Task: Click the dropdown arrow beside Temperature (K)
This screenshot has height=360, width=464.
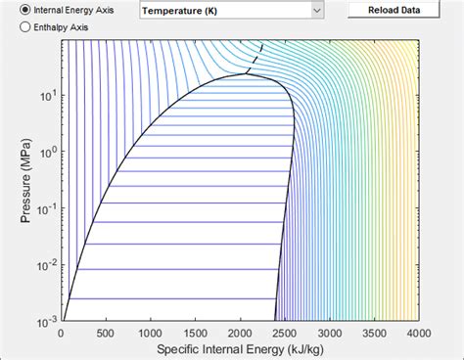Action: click(x=316, y=11)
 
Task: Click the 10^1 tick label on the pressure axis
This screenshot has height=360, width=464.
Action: click(x=45, y=97)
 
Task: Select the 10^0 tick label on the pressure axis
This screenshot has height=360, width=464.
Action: click(x=45, y=153)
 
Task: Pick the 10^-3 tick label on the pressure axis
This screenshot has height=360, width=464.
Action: click(x=44, y=320)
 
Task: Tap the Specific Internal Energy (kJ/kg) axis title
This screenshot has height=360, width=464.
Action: click(x=240, y=348)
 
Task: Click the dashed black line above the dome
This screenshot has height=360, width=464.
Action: click(x=255, y=58)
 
